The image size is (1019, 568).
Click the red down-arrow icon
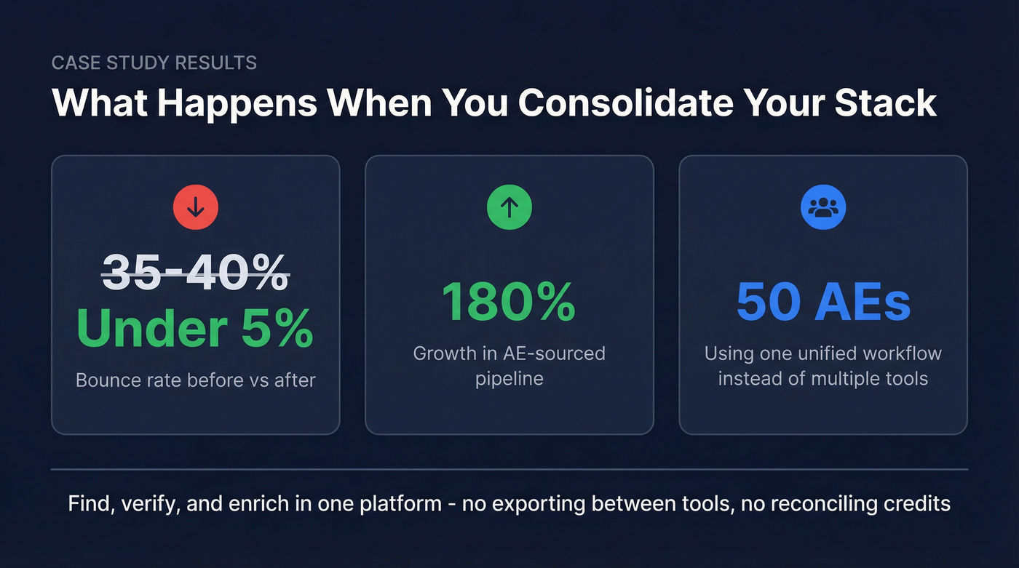pos(195,208)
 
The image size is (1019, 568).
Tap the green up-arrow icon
pos(509,208)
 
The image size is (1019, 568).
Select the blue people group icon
pos(823,208)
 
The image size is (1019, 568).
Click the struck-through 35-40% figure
pos(195,273)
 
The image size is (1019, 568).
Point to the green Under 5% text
pos(195,329)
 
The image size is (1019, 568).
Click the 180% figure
pos(509,300)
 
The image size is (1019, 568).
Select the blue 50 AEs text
pos(823,300)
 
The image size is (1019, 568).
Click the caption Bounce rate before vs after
pos(195,380)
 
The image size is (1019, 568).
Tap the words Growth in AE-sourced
pos(509,353)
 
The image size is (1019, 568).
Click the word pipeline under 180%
pos(509,379)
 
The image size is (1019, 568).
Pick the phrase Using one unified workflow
pos(823,353)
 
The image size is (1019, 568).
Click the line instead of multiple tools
pos(823,378)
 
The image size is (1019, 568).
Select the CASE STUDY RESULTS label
pos(154,63)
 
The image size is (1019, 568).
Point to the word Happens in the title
pos(237,103)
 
